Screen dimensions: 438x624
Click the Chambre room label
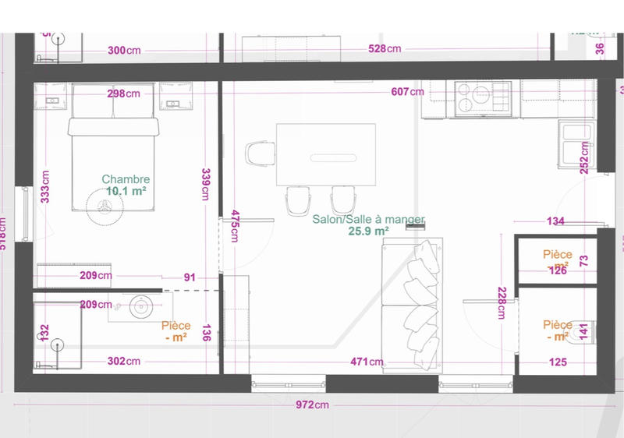(x=126, y=179)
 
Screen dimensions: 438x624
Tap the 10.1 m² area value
(x=127, y=190)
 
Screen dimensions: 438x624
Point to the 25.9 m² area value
(x=369, y=231)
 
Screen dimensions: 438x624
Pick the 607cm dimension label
(x=407, y=92)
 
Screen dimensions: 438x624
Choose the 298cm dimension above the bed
(x=123, y=94)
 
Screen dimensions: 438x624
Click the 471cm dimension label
(x=367, y=362)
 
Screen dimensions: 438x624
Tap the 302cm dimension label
(x=123, y=361)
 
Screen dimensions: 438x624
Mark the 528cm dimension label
(x=385, y=49)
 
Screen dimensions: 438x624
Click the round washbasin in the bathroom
(x=141, y=306)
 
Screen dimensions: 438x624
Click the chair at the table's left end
(x=260, y=153)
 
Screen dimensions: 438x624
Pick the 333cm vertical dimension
(x=46, y=187)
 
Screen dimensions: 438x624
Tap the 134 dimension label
(x=555, y=221)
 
